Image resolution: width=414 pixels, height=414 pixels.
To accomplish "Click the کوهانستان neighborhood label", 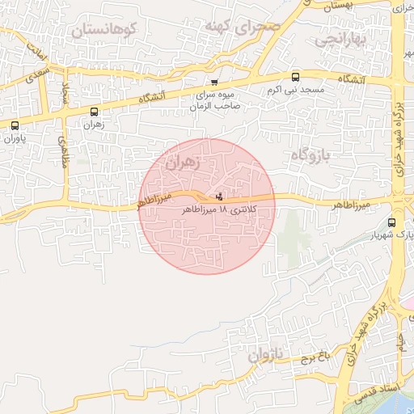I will point(104,30).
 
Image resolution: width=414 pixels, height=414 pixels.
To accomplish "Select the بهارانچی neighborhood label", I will point(342,38).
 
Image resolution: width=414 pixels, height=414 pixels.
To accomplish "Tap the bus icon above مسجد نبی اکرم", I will point(295,78).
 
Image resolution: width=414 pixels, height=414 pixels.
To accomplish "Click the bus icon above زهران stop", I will point(95,112).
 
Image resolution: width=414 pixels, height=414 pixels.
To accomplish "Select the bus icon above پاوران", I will point(15,125).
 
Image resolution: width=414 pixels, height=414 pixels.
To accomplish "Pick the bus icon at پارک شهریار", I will point(392,222).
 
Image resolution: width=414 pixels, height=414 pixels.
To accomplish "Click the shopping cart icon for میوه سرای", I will point(214,82).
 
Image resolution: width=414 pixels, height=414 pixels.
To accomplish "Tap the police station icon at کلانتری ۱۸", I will point(220,196).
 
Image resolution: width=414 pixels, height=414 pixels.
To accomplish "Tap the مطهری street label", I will point(62,150).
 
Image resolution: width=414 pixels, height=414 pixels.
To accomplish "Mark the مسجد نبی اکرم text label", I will point(296,90).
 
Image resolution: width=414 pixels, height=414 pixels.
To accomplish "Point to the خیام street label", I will point(400,343).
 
